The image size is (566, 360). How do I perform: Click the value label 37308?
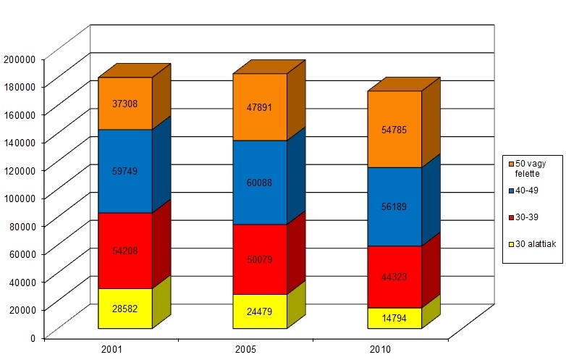coord(125,104)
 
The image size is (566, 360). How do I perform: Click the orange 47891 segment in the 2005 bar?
coord(260,107)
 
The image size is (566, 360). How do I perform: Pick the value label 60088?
coord(260,183)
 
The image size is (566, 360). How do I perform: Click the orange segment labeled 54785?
coord(394,130)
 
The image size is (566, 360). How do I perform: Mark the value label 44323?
coord(394,277)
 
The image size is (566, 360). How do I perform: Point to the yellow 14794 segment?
coord(394,318)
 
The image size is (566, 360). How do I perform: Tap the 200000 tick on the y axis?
coord(21,59)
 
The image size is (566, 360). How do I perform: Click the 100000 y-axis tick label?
coord(21,198)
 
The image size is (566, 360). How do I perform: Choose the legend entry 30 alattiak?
coord(535,244)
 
